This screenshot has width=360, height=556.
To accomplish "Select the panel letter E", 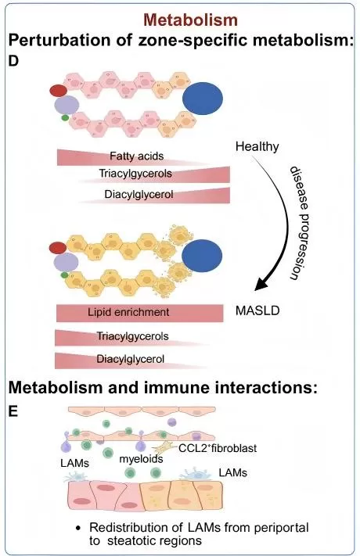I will click(13, 409).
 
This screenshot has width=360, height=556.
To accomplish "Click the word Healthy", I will click(257, 147).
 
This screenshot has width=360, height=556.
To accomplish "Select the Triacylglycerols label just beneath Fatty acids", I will click(135, 174).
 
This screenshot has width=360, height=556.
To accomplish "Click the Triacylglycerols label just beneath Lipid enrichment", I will click(132, 337).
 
